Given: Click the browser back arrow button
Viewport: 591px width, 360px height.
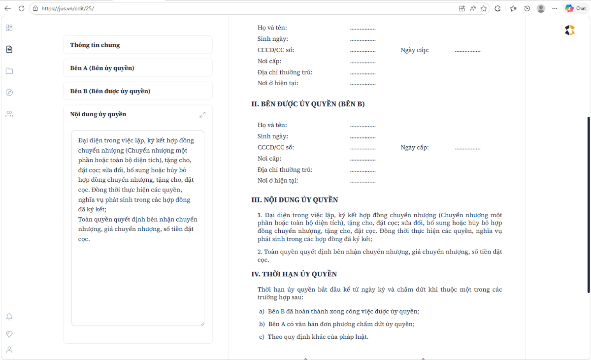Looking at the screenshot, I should point(7,8).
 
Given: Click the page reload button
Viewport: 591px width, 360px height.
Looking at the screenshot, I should point(21,8).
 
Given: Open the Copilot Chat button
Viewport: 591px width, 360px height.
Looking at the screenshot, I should point(575,8).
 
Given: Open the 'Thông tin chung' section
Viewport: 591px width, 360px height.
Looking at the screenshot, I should point(138,45).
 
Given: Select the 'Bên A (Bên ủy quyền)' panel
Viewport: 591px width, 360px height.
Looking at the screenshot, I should point(138,68).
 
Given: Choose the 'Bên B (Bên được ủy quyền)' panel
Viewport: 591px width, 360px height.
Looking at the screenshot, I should point(138,91).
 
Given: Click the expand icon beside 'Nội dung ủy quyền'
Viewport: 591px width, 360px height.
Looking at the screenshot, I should point(202,115).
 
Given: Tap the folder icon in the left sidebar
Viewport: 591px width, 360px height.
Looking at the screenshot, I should point(9,71).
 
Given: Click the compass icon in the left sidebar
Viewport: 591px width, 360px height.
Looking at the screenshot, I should point(9,93).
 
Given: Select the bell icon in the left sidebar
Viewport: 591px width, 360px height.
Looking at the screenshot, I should point(9,317).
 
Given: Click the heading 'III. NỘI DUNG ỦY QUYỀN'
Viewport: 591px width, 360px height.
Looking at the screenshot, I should point(295,200).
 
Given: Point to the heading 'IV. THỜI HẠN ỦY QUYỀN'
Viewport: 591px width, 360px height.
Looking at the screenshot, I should point(294,274).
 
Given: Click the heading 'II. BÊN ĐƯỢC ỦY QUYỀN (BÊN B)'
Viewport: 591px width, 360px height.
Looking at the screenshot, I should point(308,104).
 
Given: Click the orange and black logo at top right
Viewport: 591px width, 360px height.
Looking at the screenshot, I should point(569,31).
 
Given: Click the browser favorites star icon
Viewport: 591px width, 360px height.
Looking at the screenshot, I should point(484,8).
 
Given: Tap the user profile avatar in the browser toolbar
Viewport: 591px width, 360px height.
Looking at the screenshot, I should point(541,8).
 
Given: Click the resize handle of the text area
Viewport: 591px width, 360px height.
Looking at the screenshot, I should point(201,324).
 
